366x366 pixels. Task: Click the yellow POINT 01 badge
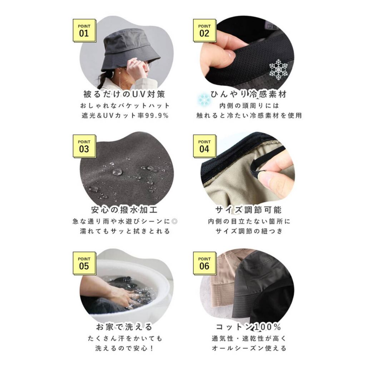pyautogui.click(x=84, y=31)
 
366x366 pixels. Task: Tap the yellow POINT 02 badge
pyautogui.click(x=205, y=31)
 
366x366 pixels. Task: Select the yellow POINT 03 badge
pyautogui.click(x=84, y=146)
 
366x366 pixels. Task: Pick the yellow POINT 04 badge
pyautogui.click(x=205, y=146)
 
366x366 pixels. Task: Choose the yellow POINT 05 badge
pyautogui.click(x=84, y=263)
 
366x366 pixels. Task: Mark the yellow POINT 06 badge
pyautogui.click(x=205, y=263)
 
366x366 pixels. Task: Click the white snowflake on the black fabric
pyautogui.click(x=278, y=69)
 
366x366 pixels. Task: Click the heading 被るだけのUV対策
pyautogui.click(x=124, y=94)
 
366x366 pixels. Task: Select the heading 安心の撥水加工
pyautogui.click(x=124, y=209)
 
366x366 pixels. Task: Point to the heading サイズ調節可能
pyautogui.click(x=248, y=209)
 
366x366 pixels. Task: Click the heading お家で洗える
pyautogui.click(x=124, y=327)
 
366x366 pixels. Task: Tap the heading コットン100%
pyautogui.click(x=248, y=327)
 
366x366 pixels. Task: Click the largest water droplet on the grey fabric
pyautogui.click(x=117, y=172)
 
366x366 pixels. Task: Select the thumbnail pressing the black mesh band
pyautogui.click(x=228, y=54)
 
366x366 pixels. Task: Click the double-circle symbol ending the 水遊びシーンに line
pyautogui.click(x=174, y=221)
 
